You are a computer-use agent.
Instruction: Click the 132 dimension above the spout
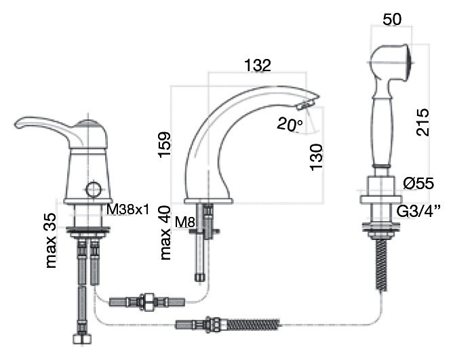pyautogui.click(x=258, y=65)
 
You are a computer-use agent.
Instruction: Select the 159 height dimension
pyautogui.click(x=165, y=145)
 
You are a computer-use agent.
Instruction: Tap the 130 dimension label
pyautogui.click(x=316, y=157)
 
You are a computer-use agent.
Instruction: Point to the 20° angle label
pyautogui.click(x=290, y=124)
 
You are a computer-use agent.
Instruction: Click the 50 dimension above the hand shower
pyautogui.click(x=392, y=20)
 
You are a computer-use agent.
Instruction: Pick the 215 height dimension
pyautogui.click(x=422, y=122)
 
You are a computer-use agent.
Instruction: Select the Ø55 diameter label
pyautogui.click(x=418, y=183)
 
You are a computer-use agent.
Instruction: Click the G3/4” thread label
pyautogui.click(x=418, y=212)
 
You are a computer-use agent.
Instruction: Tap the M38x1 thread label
pyautogui.click(x=128, y=209)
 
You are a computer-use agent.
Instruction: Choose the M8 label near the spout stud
pyautogui.click(x=185, y=222)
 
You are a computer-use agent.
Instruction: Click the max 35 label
pyautogui.click(x=51, y=241)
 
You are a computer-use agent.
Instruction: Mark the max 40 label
pyautogui.click(x=165, y=233)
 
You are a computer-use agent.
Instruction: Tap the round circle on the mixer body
pyautogui.click(x=94, y=190)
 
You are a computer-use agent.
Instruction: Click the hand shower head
pyautogui.click(x=391, y=62)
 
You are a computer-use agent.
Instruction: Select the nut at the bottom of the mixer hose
pyautogui.click(x=82, y=338)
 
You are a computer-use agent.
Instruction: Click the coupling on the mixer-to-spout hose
pyautogui.click(x=147, y=302)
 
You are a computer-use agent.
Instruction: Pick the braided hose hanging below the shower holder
pyautogui.click(x=382, y=264)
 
